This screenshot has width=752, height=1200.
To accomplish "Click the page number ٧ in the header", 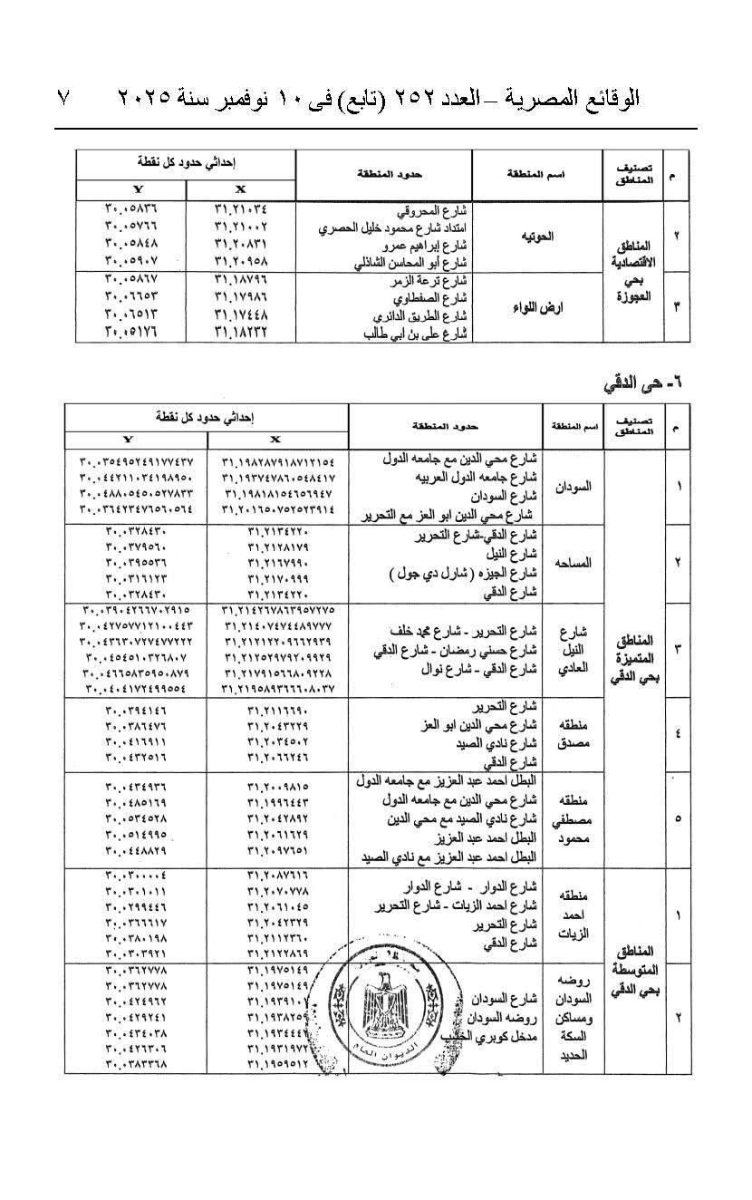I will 64,97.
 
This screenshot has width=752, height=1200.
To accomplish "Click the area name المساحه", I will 574,562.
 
